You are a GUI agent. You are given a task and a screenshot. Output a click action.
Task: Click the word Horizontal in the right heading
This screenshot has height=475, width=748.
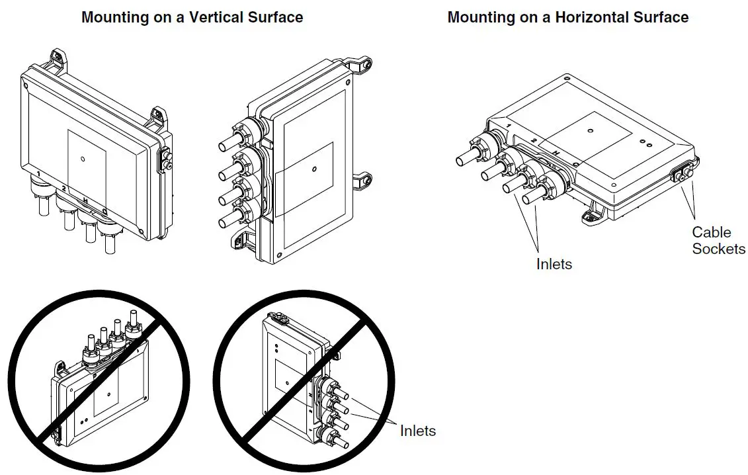588,18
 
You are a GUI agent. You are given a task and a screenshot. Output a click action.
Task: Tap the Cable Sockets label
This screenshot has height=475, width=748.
718,240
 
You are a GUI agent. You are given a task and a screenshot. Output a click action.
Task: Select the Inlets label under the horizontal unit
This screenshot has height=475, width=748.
554,264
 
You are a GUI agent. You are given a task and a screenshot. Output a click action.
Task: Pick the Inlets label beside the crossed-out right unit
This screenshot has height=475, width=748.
417,431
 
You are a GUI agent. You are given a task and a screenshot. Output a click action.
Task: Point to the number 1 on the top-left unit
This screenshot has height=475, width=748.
40,174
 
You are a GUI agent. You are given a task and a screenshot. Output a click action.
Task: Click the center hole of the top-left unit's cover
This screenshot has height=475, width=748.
83,158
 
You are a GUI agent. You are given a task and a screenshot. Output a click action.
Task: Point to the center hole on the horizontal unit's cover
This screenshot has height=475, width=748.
590,132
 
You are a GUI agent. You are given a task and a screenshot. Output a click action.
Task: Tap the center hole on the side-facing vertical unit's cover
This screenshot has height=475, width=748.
313,169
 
